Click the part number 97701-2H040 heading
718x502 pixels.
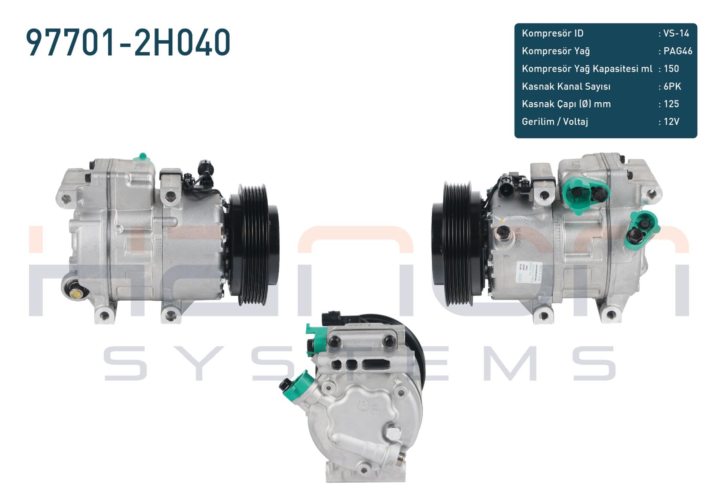(x=128, y=42)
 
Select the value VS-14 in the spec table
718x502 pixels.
(x=676, y=33)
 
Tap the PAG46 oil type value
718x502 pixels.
(x=677, y=51)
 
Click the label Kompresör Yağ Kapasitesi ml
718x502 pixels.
(x=587, y=69)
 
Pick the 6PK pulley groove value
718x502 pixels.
(x=672, y=86)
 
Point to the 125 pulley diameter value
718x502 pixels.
(x=671, y=104)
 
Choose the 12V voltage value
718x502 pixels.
(x=671, y=121)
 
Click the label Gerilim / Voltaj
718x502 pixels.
(x=555, y=121)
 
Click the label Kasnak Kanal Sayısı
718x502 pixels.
(x=566, y=86)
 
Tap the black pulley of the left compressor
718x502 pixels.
(x=254, y=245)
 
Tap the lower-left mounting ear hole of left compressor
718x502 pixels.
(x=104, y=316)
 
